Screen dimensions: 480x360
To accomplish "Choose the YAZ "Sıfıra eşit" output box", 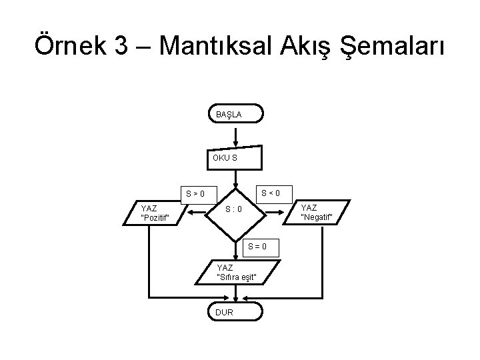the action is (x=237, y=272).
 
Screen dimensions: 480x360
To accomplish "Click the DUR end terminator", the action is (x=236, y=311).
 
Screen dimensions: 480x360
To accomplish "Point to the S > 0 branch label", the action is (x=196, y=195).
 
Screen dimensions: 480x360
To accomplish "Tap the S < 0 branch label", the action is (x=271, y=193).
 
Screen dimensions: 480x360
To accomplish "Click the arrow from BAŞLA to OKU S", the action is (x=237, y=136).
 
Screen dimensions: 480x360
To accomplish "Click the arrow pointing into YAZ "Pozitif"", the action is (x=197, y=213).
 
